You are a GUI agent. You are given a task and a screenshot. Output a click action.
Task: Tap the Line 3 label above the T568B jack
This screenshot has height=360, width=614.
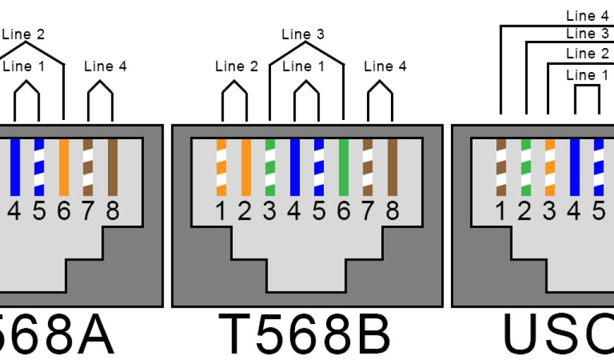coord(303,34)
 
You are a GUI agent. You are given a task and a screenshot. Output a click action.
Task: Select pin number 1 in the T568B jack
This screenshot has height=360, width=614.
coord(221,211)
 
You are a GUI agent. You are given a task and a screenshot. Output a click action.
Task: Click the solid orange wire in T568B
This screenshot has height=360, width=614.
coord(246,167)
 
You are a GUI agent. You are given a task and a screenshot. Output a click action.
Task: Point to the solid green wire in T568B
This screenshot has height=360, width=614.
coord(344,167)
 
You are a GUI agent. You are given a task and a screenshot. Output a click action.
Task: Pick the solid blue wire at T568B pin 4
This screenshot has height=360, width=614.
coord(294,167)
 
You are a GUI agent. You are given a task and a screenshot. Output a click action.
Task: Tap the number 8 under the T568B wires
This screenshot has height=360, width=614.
coord(393,211)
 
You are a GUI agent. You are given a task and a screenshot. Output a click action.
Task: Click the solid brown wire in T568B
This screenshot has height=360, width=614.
coord(393,167)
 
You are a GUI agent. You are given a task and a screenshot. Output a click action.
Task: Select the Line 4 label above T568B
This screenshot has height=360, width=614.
coord(385,66)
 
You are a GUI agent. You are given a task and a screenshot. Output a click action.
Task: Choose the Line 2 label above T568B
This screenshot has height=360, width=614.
coord(237,66)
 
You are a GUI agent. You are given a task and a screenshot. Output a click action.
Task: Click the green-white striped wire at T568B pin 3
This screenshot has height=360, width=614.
coord(270,167)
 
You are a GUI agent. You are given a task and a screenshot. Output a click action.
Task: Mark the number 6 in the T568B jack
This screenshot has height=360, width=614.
coord(344,211)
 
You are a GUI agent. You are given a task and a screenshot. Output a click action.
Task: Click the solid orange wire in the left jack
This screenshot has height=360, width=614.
coord(64,167)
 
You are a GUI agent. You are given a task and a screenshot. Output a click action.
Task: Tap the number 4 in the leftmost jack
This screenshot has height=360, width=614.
coord(15,211)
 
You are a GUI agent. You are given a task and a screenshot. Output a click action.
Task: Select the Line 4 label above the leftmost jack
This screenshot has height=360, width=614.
coord(106,66)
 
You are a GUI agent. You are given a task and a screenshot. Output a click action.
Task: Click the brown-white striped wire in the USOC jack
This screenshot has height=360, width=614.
coord(501,167)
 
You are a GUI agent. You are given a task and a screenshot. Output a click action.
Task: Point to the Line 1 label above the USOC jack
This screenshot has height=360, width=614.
coord(587,75)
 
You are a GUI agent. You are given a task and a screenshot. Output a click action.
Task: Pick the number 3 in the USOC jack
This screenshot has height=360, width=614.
coord(550,211)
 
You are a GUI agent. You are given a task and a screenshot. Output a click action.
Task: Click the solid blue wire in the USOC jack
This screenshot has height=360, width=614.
coord(574,167)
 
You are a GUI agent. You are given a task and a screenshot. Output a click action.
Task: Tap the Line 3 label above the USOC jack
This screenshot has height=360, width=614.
coord(587,34)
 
